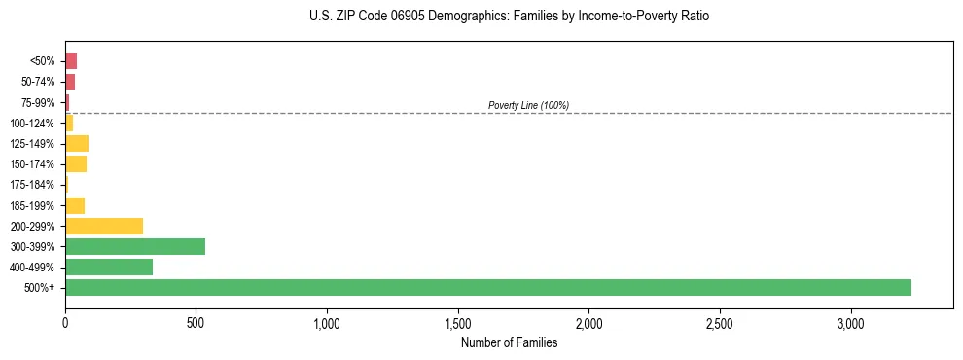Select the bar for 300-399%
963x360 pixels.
click(x=135, y=246)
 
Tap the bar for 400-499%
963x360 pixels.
click(x=109, y=267)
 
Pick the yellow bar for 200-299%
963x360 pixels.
click(x=104, y=226)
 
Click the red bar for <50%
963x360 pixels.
click(x=71, y=61)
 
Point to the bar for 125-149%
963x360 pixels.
click(x=77, y=144)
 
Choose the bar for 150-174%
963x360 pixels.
click(x=76, y=164)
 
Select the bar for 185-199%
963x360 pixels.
click(x=75, y=205)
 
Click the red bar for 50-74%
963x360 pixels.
click(x=70, y=82)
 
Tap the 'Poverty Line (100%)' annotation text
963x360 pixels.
click(x=528, y=105)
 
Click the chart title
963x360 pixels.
click(x=510, y=17)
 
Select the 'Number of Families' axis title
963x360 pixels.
click(x=509, y=342)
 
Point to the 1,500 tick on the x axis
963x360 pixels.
click(x=458, y=322)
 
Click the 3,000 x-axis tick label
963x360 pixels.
click(x=850, y=322)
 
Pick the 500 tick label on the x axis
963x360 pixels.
click(x=196, y=322)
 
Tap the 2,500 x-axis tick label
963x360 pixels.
click(x=720, y=322)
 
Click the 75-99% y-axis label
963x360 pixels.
click(x=38, y=102)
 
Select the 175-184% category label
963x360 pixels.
click(x=32, y=185)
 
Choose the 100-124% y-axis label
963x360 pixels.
click(x=32, y=124)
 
